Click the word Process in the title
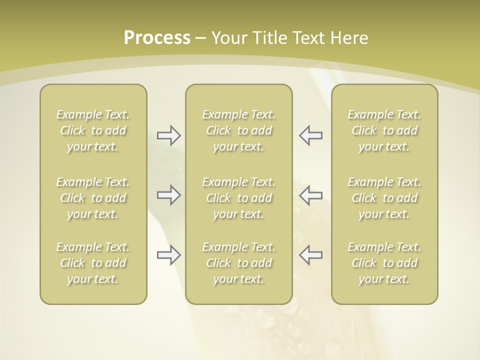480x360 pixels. (157, 38)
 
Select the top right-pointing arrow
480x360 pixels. (169, 135)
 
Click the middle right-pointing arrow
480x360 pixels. (169, 194)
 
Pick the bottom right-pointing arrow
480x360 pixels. (169, 255)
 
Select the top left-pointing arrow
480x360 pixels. (310, 135)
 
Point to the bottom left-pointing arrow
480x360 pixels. (310, 255)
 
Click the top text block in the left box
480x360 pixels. (93, 130)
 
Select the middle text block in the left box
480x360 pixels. (93, 198)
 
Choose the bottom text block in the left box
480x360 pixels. (93, 263)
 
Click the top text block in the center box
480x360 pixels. (238, 130)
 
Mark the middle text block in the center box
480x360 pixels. (238, 198)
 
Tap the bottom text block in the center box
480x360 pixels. (238, 263)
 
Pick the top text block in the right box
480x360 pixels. (384, 130)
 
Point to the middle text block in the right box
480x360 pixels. (384, 198)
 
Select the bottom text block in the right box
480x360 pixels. (384, 263)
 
